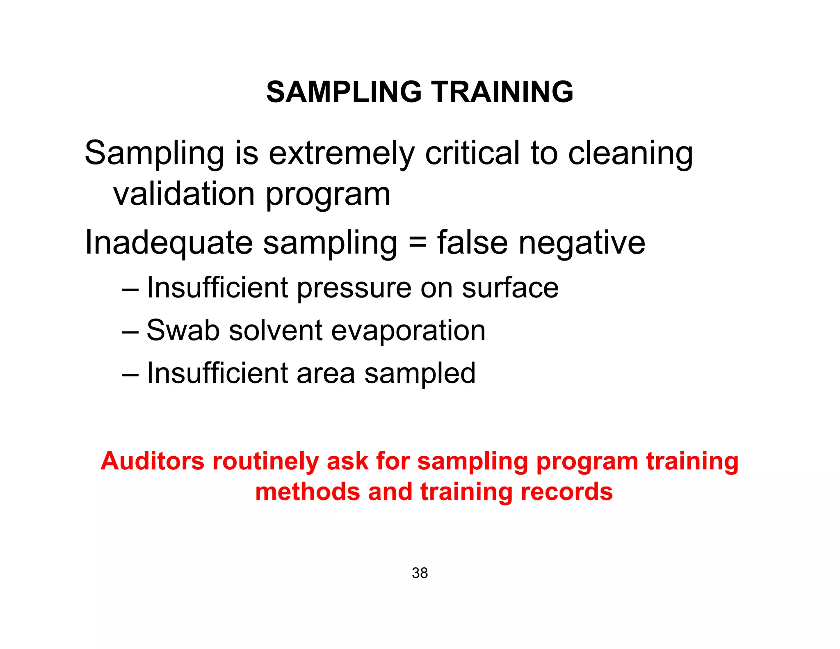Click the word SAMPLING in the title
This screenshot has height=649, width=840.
(x=344, y=91)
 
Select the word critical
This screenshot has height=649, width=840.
(x=472, y=153)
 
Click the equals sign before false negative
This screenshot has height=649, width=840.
(x=418, y=242)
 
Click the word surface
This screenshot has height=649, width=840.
(x=510, y=288)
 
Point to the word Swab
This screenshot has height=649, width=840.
(x=183, y=330)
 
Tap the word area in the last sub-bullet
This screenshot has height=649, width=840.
(x=326, y=374)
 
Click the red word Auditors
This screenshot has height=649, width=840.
(x=152, y=461)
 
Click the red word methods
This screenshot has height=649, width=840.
(x=308, y=492)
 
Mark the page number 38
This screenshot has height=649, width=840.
(x=420, y=573)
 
